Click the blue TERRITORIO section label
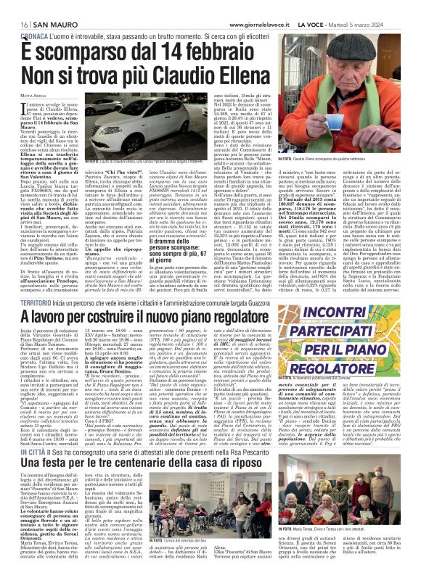30,302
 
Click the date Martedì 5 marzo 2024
384,6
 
